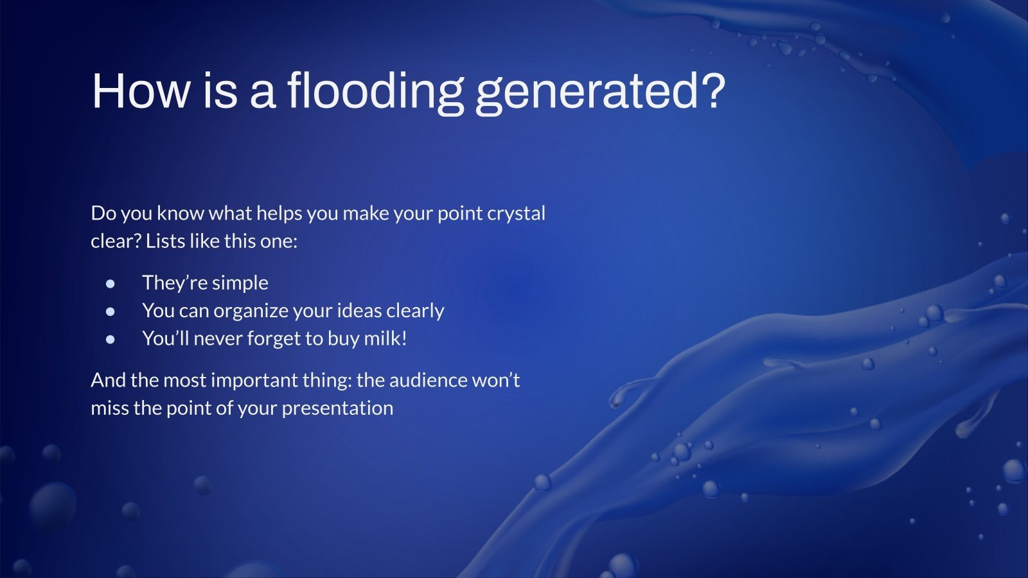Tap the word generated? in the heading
[600, 92]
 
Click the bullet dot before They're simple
[110, 284]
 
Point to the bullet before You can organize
[110, 312]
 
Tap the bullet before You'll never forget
[110, 340]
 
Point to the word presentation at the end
[337, 409]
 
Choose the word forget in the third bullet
[274, 340]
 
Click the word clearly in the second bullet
[415, 311]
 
